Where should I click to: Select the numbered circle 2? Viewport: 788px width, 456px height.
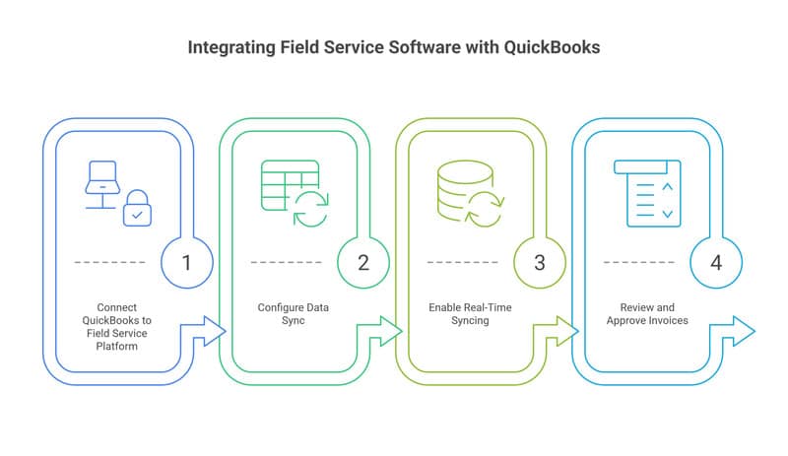tap(362, 262)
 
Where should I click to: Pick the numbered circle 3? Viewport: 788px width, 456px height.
tap(539, 262)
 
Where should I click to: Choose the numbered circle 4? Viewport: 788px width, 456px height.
tap(715, 262)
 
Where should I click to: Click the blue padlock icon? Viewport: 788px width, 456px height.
tap(137, 209)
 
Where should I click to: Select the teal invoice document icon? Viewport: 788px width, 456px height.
tap(646, 193)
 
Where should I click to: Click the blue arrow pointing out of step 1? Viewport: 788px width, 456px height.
tap(211, 332)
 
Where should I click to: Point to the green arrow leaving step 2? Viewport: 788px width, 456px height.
tap(387, 332)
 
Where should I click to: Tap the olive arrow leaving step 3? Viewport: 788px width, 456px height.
tap(563, 332)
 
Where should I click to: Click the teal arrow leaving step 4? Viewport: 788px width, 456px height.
tap(740, 332)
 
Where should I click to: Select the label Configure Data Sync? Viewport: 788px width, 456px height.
tap(294, 314)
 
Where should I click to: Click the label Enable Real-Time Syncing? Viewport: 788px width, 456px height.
tap(470, 314)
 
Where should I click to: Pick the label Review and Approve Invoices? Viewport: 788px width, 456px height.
tap(646, 314)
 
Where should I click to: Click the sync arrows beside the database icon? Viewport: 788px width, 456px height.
tap(486, 209)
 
